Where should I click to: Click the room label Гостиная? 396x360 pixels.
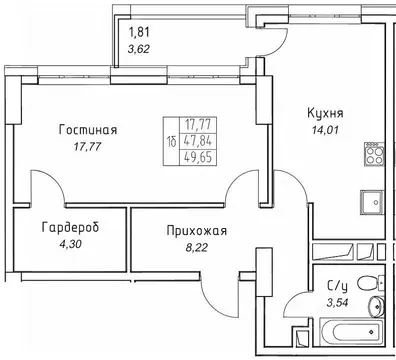pos(88,129)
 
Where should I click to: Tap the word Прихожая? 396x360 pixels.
pos(196,232)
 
